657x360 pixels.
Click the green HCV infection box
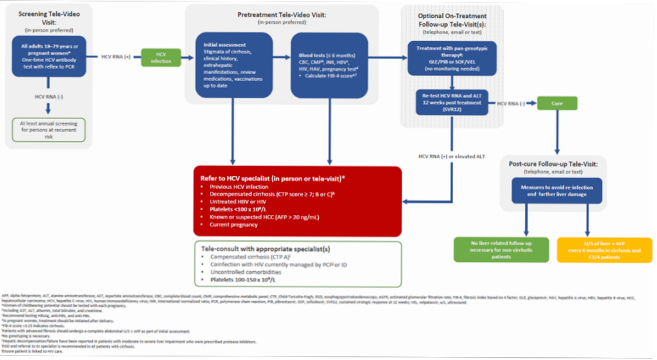point(161,57)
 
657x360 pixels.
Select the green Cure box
point(556,104)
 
